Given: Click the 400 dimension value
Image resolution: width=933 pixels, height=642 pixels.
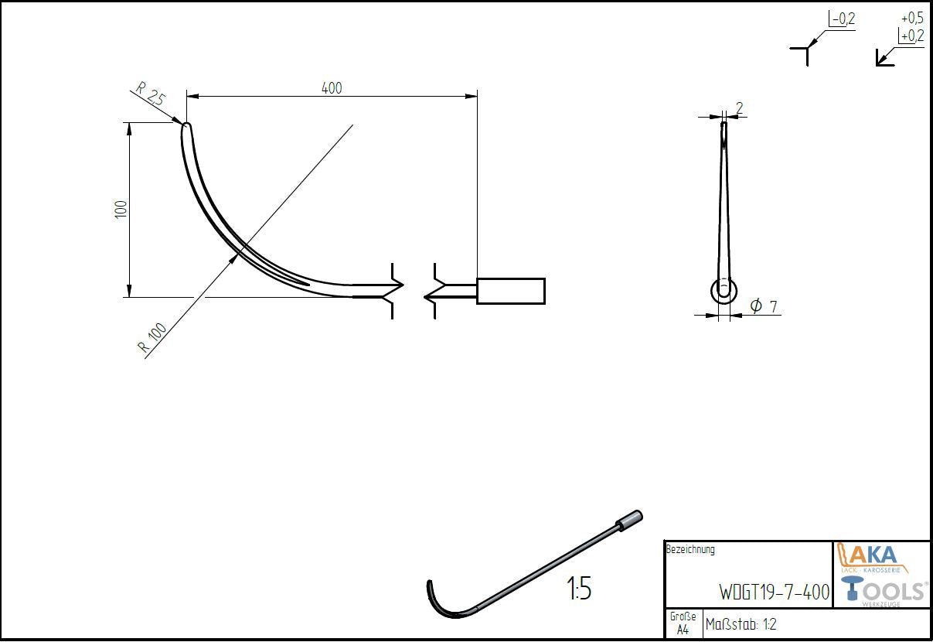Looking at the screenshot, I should coord(331,88).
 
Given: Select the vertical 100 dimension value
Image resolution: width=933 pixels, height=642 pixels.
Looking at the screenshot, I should coord(121,209).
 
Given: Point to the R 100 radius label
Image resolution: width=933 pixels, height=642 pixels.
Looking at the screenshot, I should coord(153,338).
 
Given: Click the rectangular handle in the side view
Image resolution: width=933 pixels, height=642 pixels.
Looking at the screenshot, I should coord(510,290).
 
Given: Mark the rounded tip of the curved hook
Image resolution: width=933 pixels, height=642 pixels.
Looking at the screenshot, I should coord(186,128).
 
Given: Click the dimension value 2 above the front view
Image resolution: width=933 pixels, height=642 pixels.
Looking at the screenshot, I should coord(740,108).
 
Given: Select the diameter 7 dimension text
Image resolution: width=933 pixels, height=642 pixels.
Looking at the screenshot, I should coord(764,306).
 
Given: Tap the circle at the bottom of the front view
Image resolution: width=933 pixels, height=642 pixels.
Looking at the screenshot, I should coord(724,292).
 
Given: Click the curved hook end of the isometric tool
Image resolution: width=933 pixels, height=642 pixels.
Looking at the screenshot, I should coord(435,599).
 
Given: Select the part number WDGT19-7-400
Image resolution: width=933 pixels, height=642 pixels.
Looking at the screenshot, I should coord(774,592).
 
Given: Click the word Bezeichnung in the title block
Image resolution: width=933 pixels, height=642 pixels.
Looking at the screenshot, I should coord(690,550).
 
